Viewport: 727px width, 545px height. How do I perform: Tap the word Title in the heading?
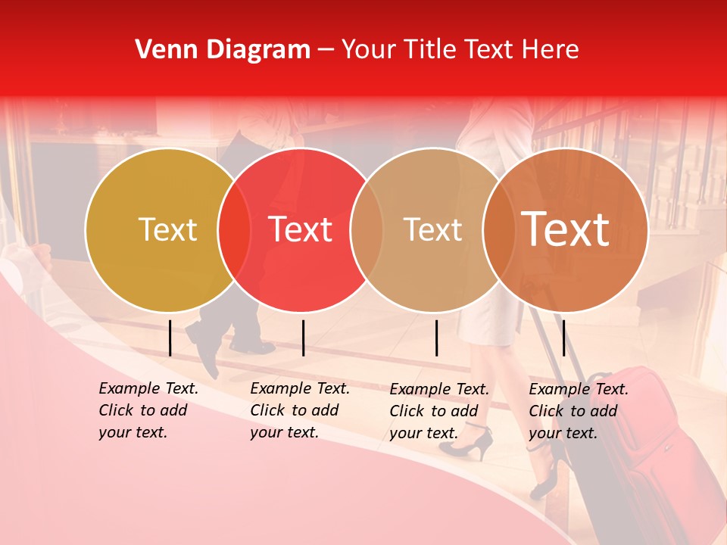(431, 50)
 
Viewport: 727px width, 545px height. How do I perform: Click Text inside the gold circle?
(167, 230)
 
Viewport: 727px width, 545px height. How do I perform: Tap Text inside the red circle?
(301, 230)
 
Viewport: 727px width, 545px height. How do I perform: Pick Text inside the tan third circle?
(432, 230)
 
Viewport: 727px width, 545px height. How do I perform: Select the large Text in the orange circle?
(566, 230)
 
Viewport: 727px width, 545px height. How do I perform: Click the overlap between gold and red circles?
(234, 230)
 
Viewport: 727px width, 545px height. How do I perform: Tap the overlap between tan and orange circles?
(499, 230)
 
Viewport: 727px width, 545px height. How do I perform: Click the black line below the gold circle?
(170, 338)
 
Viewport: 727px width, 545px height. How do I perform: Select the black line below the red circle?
(303, 338)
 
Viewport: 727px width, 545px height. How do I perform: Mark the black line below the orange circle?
(563, 338)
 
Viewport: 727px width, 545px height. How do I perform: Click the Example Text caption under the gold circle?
(148, 410)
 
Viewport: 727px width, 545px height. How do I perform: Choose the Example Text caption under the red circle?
(300, 410)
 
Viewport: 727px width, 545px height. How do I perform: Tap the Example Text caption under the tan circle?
(439, 411)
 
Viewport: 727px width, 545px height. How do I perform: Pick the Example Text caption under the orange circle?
(579, 411)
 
